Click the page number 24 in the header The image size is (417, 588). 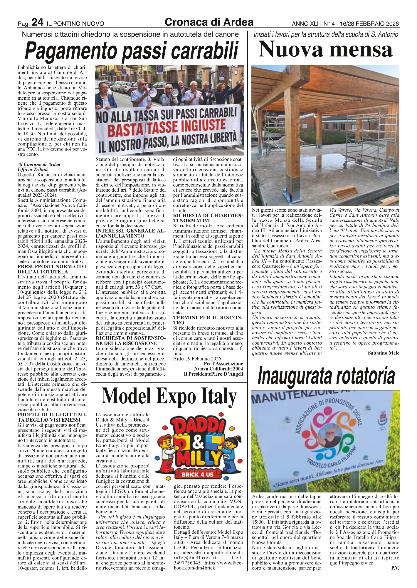tap(37, 22)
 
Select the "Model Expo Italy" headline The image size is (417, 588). tap(169, 397)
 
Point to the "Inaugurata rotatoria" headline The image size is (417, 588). tap(325, 377)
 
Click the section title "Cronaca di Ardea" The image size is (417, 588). tap(209, 22)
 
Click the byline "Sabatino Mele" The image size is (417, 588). tap(383, 353)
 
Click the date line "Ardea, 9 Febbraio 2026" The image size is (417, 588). tap(197, 358)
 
